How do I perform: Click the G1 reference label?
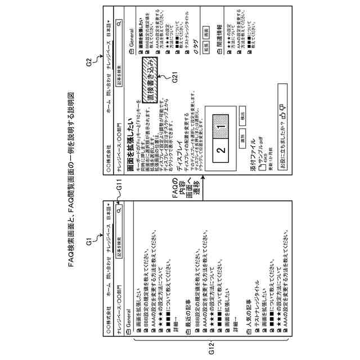coord(88,242)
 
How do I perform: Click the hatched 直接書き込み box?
coord(154,76)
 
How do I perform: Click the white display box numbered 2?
coord(222,150)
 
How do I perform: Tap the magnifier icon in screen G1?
coord(119,207)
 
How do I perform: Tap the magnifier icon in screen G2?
coord(119,24)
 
